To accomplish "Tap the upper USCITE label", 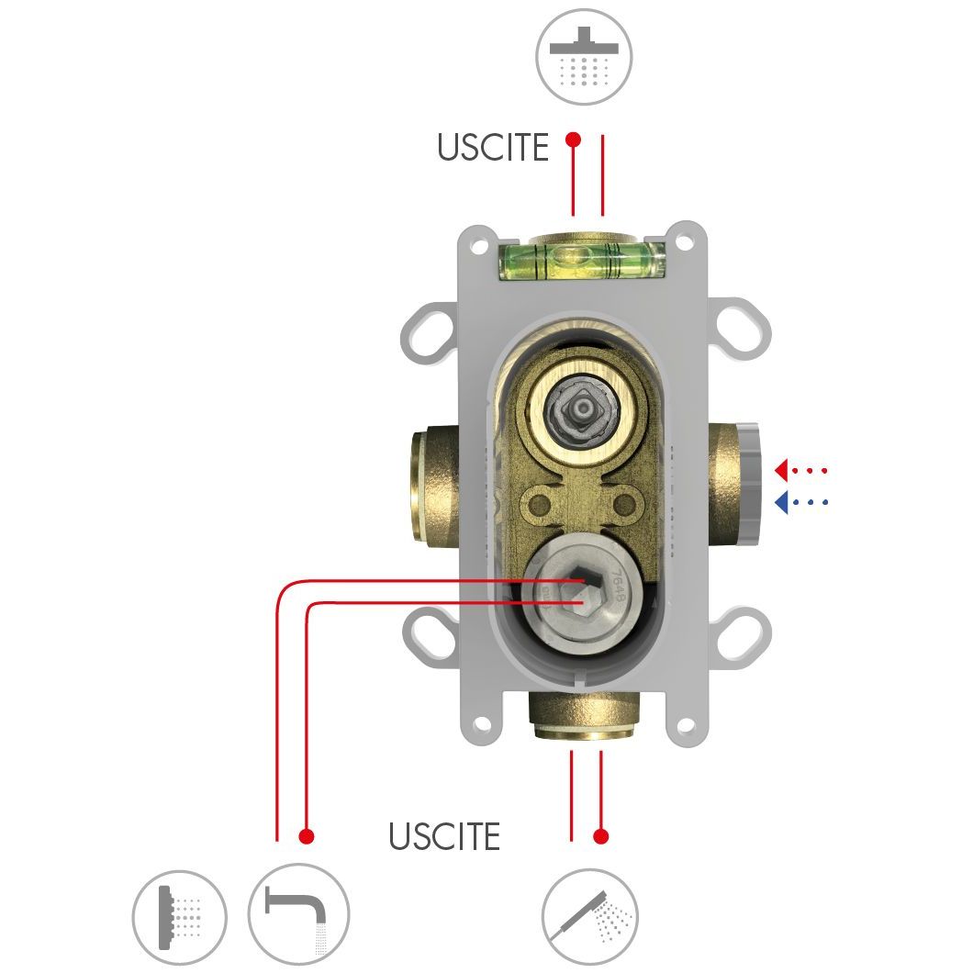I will click(492, 147).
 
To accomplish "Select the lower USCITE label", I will click(444, 836).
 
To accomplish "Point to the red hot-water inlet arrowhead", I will click(781, 470).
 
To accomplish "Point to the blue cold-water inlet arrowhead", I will click(781, 502).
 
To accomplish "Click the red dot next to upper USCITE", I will click(573, 140).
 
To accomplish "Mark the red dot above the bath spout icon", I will click(307, 836).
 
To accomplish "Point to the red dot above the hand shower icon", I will click(601, 836).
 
